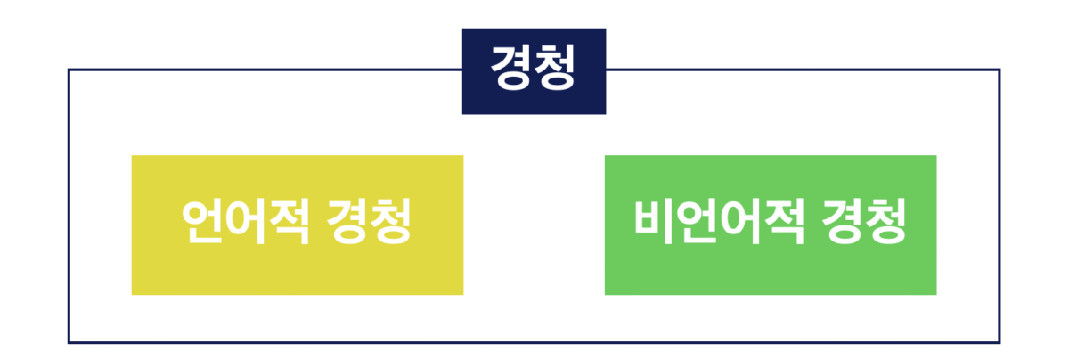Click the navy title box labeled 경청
534,71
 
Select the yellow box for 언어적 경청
297,225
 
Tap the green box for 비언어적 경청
770,225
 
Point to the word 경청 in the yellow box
368,223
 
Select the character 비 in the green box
654,223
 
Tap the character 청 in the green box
884,223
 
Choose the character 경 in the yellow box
347,223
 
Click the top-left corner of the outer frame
69,70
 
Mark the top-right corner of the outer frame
999,70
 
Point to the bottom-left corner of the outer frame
69,342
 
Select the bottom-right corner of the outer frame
999,342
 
